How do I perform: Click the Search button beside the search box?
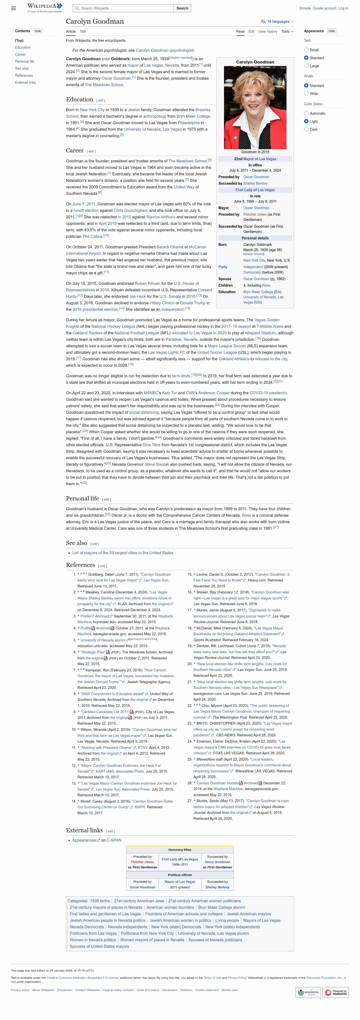[182, 8]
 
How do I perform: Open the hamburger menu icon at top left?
[13, 8]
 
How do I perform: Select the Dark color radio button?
[306, 129]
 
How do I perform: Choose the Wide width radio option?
[306, 94]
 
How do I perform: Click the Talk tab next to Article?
[83, 32]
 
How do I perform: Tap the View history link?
[268, 32]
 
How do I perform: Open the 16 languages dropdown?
[277, 22]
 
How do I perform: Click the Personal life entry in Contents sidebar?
[24, 62]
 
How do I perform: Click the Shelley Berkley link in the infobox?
[255, 184]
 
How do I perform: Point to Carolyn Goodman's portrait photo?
[255, 107]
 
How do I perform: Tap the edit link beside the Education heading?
[100, 100]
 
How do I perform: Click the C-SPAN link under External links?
[114, 840]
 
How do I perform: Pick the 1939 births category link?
[100, 901]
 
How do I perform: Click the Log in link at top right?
[343, 8]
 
